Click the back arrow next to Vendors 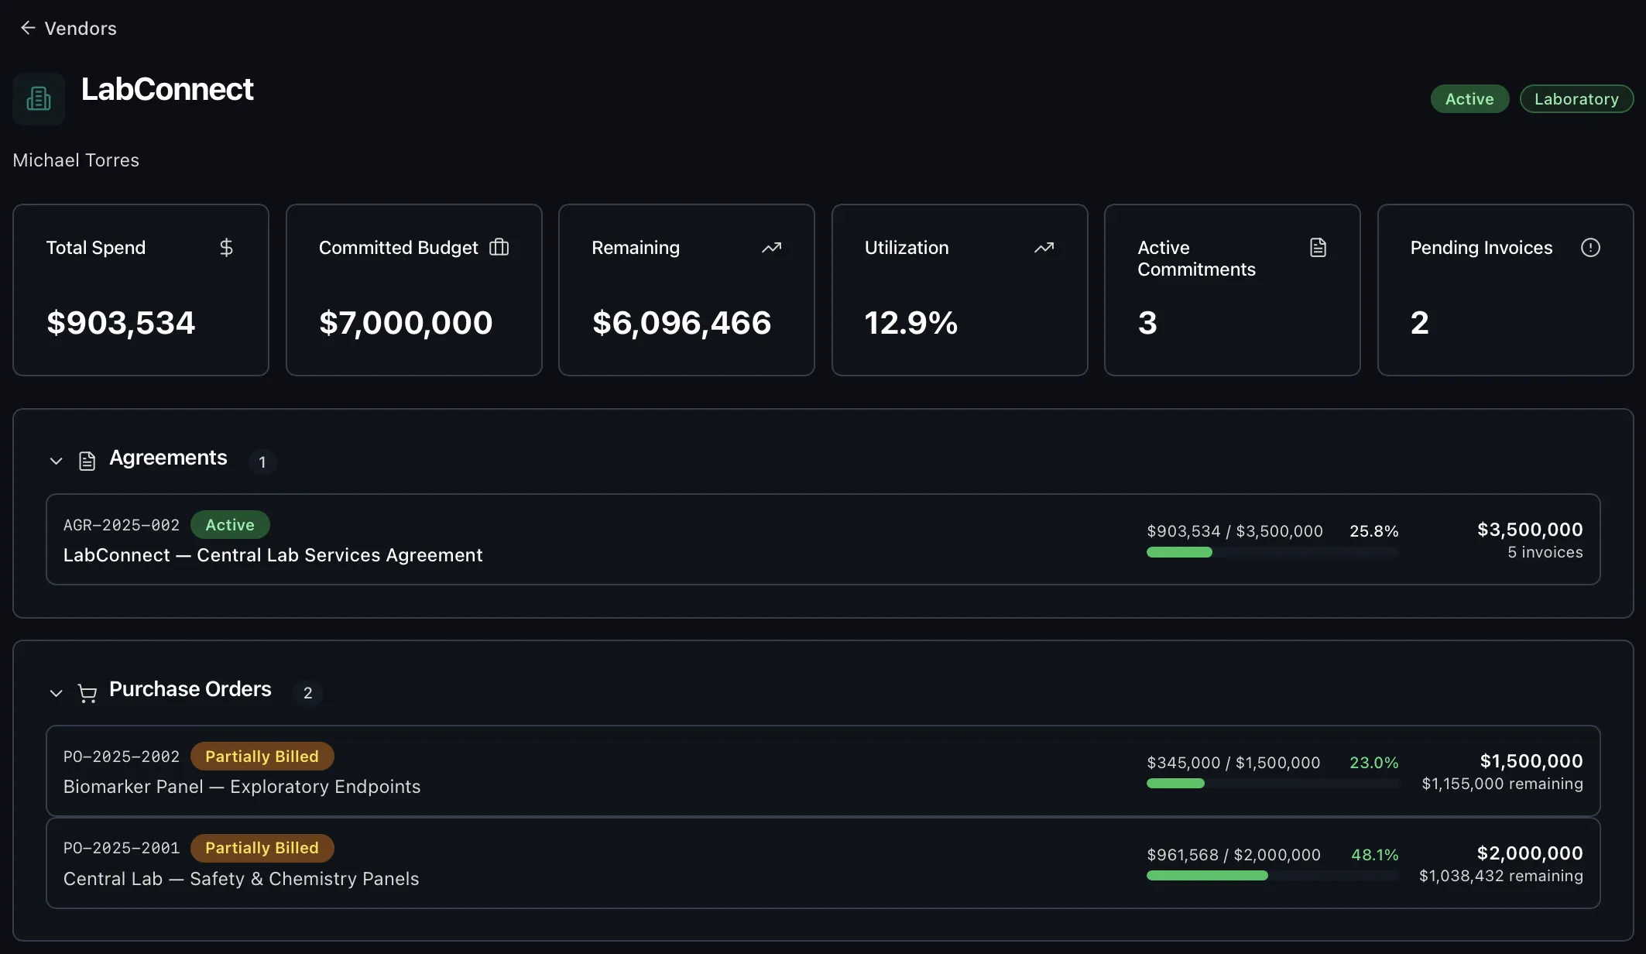28,28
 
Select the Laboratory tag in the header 1576,99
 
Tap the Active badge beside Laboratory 1469,99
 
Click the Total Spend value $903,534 121,323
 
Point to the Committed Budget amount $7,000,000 406,323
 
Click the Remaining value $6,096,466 681,323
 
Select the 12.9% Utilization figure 910,323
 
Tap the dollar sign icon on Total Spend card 226,248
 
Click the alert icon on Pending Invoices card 1590,248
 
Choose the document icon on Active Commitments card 1318,248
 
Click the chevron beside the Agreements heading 56,461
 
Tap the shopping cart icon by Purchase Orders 87,693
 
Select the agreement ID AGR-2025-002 122,525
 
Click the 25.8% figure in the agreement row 1373,531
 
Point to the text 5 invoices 1545,552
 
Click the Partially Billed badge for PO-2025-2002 262,757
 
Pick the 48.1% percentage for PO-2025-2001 1374,855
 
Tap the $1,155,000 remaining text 1502,784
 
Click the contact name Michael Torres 76,160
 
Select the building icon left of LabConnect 39,99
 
